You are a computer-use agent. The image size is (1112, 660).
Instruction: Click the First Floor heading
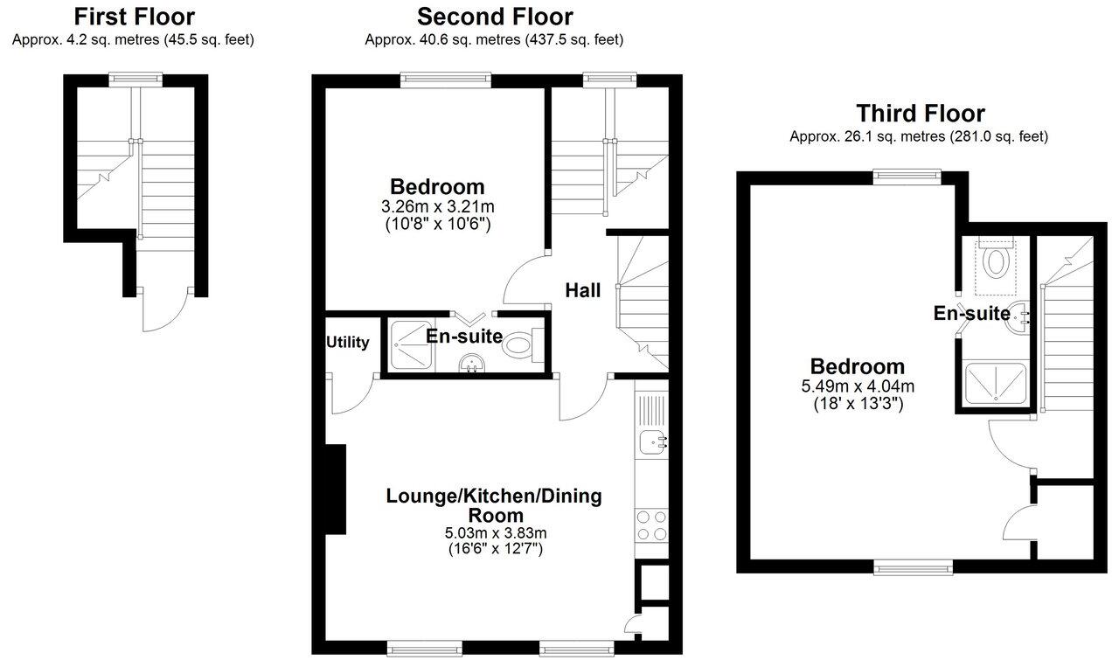(134, 17)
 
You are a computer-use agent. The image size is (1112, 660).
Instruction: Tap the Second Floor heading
(495, 17)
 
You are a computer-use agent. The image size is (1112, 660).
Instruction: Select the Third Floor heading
(920, 114)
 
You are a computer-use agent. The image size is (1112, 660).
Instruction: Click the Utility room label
(348, 343)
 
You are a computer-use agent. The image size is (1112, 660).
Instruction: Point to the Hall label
(583, 290)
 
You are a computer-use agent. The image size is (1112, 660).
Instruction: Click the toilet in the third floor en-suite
(996, 261)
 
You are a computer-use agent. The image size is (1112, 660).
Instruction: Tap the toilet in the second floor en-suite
(519, 345)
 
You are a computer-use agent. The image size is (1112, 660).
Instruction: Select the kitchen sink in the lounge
(651, 443)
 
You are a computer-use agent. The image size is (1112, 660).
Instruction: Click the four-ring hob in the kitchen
(651, 525)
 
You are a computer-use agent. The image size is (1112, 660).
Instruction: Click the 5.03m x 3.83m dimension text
(495, 533)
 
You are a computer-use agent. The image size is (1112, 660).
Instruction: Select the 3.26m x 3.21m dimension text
(437, 206)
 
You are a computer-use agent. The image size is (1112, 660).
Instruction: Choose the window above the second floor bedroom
(446, 80)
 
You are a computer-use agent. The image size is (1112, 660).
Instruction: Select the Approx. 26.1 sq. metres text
(919, 136)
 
